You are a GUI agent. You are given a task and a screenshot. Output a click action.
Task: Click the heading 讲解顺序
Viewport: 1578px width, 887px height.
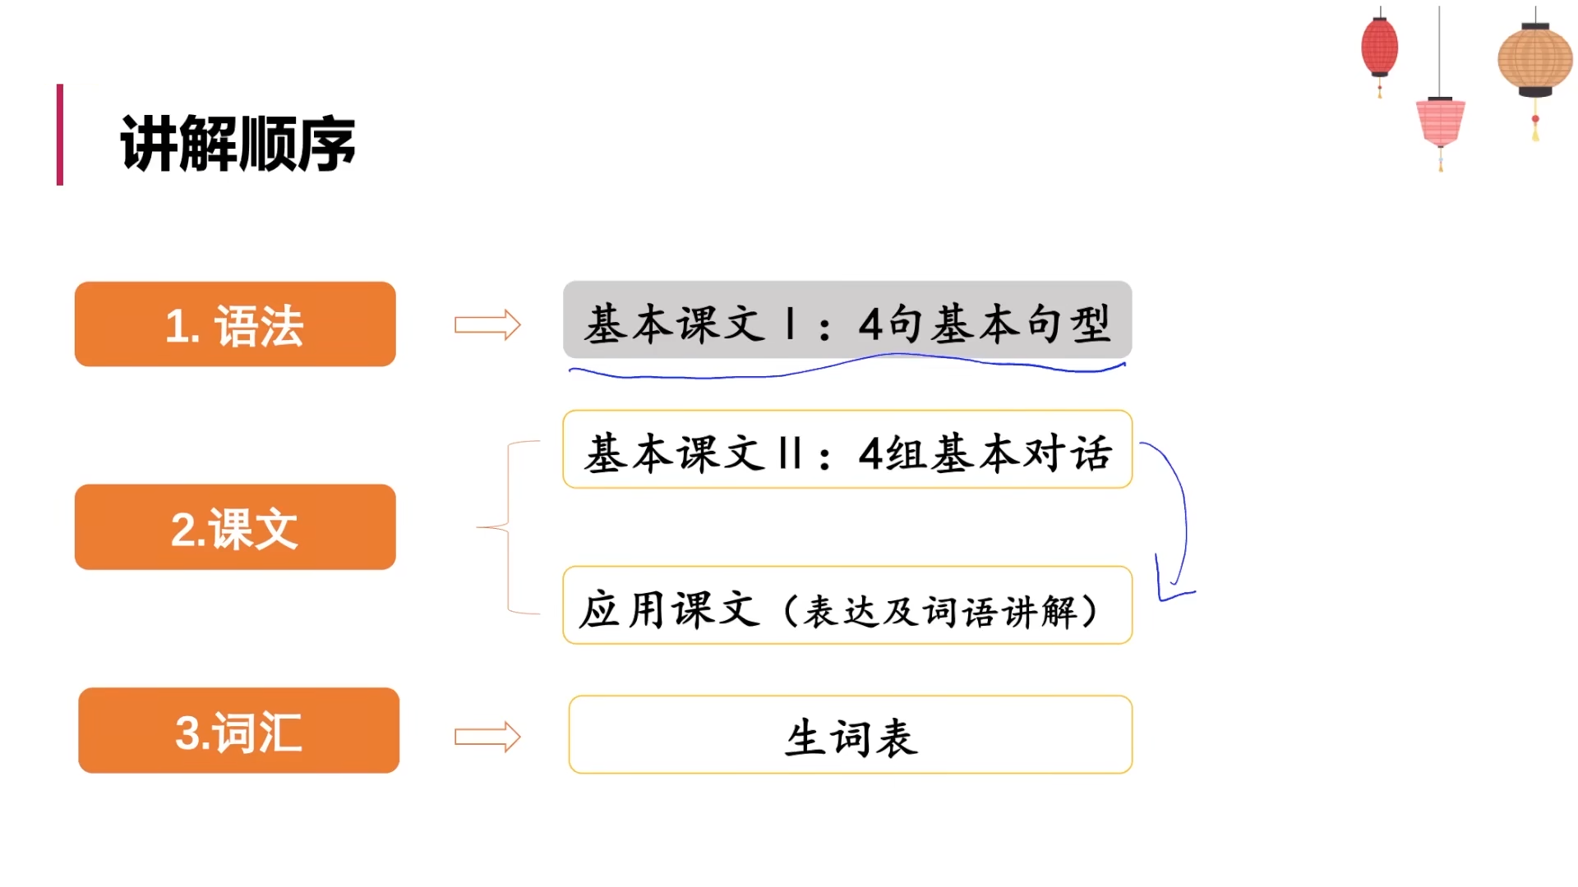pyautogui.click(x=238, y=144)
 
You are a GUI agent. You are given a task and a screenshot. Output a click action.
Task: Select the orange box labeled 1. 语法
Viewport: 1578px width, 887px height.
pyautogui.click(x=235, y=324)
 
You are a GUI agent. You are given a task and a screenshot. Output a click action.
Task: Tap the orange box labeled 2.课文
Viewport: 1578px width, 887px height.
pyautogui.click(x=235, y=527)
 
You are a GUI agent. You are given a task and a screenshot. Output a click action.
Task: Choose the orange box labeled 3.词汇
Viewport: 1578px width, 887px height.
pyautogui.click(x=238, y=731)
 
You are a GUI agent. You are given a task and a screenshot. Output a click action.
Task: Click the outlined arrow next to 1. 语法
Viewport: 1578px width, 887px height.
pyautogui.click(x=487, y=325)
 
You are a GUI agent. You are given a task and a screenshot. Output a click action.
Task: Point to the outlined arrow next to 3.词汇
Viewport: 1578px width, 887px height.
pyautogui.click(x=487, y=737)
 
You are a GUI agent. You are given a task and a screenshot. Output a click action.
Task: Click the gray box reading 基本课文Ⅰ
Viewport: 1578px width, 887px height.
pyautogui.click(x=847, y=321)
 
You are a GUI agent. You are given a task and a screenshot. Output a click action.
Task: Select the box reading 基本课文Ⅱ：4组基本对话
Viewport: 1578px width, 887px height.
pyautogui.click(x=847, y=450)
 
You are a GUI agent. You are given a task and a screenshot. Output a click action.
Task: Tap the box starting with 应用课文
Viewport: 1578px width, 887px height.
pyautogui.click(x=847, y=605)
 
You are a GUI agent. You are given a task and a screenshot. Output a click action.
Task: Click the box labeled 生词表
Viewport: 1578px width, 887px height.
pyautogui.click(x=850, y=735)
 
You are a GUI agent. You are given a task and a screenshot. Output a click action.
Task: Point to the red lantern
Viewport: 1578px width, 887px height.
pyautogui.click(x=1379, y=47)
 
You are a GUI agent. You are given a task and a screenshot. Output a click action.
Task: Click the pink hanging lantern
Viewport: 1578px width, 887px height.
pyautogui.click(x=1440, y=121)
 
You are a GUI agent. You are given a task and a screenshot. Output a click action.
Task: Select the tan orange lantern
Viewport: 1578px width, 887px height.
pyautogui.click(x=1534, y=59)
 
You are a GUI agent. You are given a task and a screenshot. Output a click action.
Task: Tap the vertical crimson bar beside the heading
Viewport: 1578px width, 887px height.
pyautogui.click(x=60, y=135)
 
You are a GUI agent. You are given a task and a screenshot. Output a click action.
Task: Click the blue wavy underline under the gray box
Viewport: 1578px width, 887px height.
pyautogui.click(x=847, y=368)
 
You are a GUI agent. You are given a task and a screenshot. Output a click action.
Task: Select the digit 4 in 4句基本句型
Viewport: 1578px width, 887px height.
pyautogui.click(x=870, y=324)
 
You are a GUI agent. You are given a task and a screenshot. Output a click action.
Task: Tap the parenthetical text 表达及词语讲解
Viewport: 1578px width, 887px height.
pyautogui.click(x=941, y=612)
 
